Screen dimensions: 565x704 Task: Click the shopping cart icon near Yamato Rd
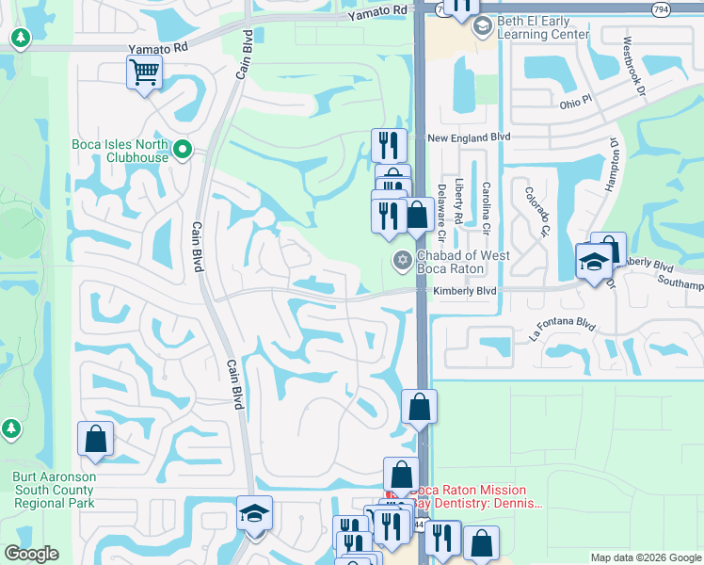point(144,72)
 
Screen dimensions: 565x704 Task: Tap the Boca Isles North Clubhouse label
point(120,151)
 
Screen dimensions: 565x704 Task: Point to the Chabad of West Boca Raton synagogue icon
point(402,260)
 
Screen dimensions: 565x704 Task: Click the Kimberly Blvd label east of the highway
point(464,292)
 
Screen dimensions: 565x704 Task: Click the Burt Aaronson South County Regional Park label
point(55,490)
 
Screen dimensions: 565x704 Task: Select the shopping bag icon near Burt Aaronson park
point(95,438)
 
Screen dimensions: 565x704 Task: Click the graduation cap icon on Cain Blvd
point(254,513)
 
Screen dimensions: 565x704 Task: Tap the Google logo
point(32,553)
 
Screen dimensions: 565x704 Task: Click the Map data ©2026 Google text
point(645,557)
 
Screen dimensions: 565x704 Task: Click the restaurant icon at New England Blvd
point(389,145)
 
